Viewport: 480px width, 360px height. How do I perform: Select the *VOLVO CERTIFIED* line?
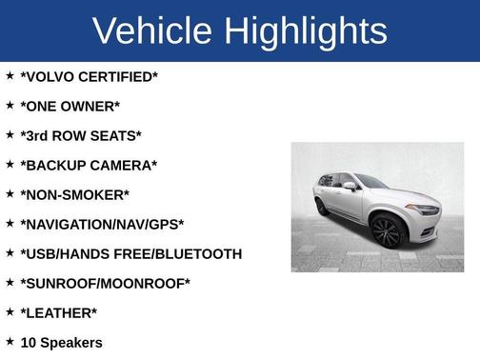tap(89, 76)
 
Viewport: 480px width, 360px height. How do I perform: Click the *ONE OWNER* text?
tap(70, 106)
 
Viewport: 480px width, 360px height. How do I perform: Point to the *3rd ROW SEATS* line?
tap(80, 135)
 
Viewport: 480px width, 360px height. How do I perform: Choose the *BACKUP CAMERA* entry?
tap(89, 165)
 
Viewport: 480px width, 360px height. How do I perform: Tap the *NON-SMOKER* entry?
tap(74, 194)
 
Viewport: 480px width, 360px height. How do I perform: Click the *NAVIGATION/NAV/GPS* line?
tap(102, 224)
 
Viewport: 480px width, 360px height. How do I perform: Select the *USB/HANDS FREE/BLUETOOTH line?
tap(130, 253)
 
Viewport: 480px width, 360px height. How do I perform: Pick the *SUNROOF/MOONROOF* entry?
tap(105, 283)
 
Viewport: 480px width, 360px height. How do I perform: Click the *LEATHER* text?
tap(58, 312)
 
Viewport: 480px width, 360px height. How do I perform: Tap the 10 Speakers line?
tap(61, 342)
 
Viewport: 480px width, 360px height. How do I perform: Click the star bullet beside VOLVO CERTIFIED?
tap(10, 75)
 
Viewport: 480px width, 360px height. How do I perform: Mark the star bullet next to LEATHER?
tap(10, 311)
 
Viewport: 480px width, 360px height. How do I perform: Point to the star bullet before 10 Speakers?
tap(10, 341)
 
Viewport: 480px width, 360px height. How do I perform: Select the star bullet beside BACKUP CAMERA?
tap(10, 164)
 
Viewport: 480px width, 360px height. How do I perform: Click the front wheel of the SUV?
tap(388, 231)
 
